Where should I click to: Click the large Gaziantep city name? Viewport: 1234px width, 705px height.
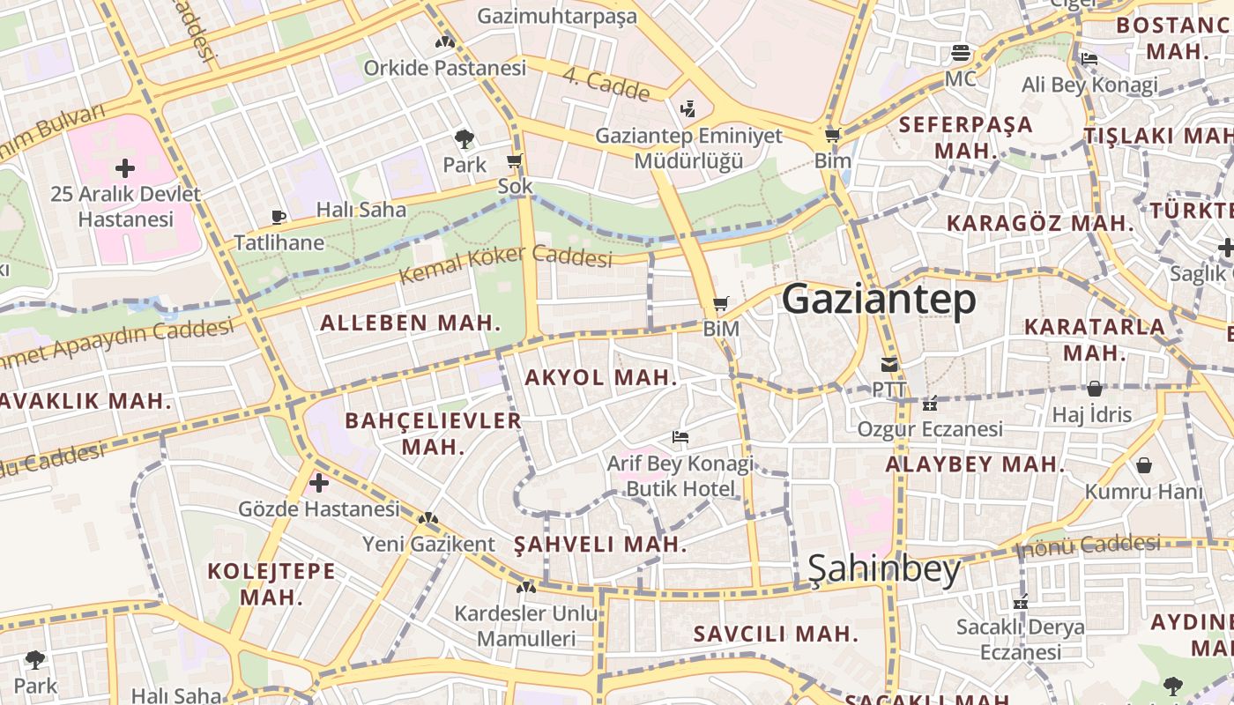tap(879, 300)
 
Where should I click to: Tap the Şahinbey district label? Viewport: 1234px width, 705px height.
tap(884, 570)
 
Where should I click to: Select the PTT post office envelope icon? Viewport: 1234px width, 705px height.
tap(888, 365)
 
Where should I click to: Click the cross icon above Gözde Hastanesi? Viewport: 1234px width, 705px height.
tap(319, 483)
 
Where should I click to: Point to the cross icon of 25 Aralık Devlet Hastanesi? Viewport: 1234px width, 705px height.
tap(125, 167)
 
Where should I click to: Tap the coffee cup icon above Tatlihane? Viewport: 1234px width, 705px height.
tap(279, 217)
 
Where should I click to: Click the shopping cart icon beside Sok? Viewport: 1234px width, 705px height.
tap(515, 161)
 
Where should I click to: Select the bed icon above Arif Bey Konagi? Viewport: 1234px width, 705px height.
tap(680, 436)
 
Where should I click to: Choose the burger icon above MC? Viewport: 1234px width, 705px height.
tap(960, 53)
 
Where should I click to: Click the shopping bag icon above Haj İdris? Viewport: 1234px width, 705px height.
tap(1094, 389)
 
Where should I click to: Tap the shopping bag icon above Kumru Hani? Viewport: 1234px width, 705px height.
tap(1143, 465)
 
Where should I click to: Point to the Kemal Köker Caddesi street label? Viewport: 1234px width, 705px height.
tap(505, 264)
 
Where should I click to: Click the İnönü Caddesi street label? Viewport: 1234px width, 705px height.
tap(1089, 545)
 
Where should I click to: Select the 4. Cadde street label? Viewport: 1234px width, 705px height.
tap(606, 84)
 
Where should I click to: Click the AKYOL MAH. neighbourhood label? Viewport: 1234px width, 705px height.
tap(601, 378)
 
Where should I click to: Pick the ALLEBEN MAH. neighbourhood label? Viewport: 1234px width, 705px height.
tap(410, 323)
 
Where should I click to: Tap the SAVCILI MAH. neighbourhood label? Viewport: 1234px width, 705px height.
tap(776, 634)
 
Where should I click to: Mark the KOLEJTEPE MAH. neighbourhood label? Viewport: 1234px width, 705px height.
tap(271, 583)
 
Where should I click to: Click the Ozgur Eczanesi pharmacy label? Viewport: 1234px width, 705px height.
tap(930, 429)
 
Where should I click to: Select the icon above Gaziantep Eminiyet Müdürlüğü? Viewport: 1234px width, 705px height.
tap(688, 109)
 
